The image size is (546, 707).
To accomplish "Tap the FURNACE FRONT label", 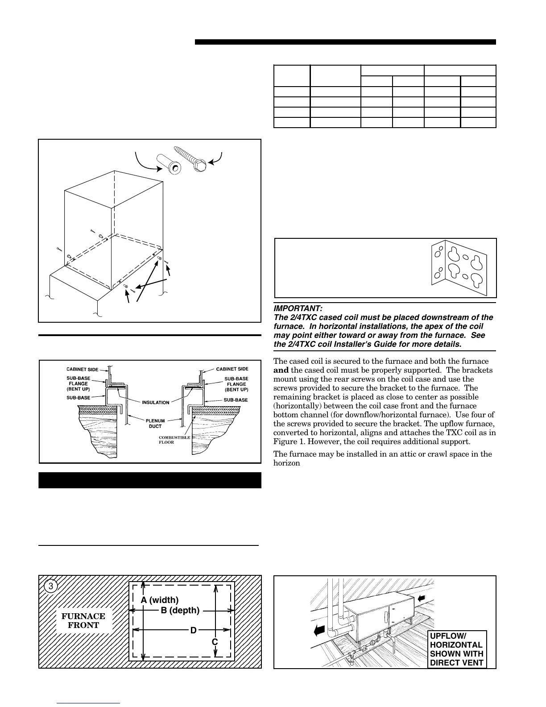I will [83, 620].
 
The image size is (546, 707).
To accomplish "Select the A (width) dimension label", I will [160, 600].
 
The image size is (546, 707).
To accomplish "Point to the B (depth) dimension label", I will [180, 610].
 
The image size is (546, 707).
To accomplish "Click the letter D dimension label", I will [193, 630].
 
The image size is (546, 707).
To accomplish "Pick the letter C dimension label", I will [215, 641].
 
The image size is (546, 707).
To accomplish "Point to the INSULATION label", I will [156, 403].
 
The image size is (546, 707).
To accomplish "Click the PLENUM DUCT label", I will [156, 424].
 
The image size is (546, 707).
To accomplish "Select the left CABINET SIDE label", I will [83, 370].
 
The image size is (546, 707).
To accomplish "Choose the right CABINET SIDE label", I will [232, 369].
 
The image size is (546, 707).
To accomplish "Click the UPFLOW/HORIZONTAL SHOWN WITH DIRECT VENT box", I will [456, 649].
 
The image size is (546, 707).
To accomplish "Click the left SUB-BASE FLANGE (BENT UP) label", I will [79, 383].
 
